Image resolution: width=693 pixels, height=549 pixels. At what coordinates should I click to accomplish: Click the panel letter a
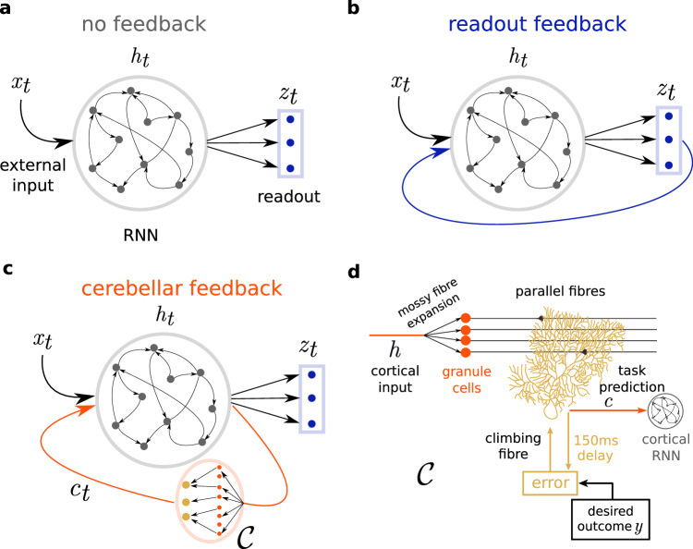tap(6, 9)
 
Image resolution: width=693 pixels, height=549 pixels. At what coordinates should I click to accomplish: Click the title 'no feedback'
tap(143, 24)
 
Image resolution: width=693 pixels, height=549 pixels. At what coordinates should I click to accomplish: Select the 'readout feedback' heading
tap(538, 24)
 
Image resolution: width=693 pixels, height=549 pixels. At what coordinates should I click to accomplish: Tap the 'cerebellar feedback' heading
tap(182, 288)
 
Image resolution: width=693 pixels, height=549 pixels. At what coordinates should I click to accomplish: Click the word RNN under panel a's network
tap(140, 235)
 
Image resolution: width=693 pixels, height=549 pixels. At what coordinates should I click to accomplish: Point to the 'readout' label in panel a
tap(288, 197)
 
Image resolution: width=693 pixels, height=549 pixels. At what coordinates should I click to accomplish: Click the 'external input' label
tap(32, 175)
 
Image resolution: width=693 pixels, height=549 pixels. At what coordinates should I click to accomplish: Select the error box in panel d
tap(551, 482)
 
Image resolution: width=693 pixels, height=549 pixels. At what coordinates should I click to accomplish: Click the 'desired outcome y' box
tap(611, 519)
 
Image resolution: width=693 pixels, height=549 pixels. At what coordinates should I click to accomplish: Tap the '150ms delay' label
tap(595, 447)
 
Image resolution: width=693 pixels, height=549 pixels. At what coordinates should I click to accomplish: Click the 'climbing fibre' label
tap(513, 446)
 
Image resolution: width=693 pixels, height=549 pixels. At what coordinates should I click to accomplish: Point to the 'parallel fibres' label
tap(561, 291)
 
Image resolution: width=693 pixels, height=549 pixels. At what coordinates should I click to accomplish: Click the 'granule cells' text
tap(467, 379)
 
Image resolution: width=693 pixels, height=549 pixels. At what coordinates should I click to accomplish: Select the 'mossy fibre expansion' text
tap(428, 303)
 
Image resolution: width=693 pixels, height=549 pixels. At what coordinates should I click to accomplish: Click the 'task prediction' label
tap(632, 378)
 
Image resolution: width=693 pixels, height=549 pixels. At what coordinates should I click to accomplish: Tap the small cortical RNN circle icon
tap(665, 411)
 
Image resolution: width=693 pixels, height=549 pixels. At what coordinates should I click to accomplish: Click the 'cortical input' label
tap(395, 379)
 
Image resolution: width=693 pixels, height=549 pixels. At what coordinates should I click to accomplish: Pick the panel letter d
tap(354, 272)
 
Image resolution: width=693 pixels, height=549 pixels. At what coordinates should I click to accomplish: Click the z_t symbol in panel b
tap(666, 91)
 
